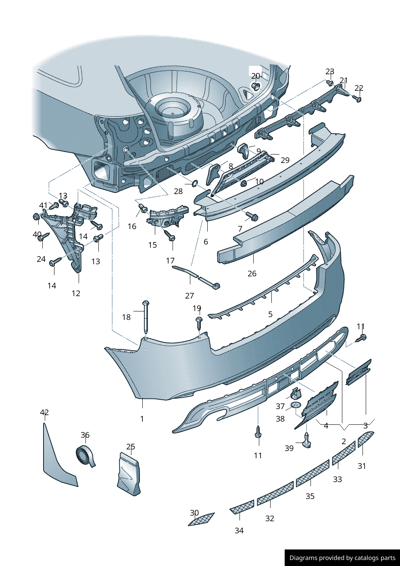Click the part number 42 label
[44, 412]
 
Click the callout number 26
[252, 274]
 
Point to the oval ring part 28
[194, 184]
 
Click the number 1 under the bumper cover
[142, 419]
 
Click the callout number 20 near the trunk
[256, 76]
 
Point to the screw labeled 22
[357, 98]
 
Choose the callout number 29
[285, 160]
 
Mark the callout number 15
[152, 245]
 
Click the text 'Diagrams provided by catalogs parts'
[342, 558]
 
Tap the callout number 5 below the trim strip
[270, 314]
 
